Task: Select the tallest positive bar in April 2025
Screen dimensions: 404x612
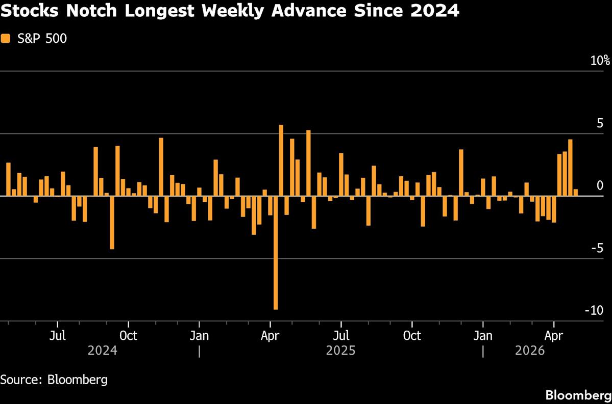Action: (281, 160)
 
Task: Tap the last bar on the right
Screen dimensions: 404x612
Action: (576, 193)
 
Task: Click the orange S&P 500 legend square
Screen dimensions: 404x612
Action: (5, 38)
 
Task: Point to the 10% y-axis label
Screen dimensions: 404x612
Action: (600, 61)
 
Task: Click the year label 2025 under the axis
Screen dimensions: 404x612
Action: (340, 351)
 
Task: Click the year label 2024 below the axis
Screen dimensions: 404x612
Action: (102, 351)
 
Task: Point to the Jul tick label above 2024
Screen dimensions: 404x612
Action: (58, 336)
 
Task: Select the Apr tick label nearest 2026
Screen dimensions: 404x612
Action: (554, 336)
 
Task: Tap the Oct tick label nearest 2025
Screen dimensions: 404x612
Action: (411, 336)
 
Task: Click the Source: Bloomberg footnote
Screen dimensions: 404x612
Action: (54, 380)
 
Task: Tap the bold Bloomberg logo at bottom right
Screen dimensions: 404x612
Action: (578, 395)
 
